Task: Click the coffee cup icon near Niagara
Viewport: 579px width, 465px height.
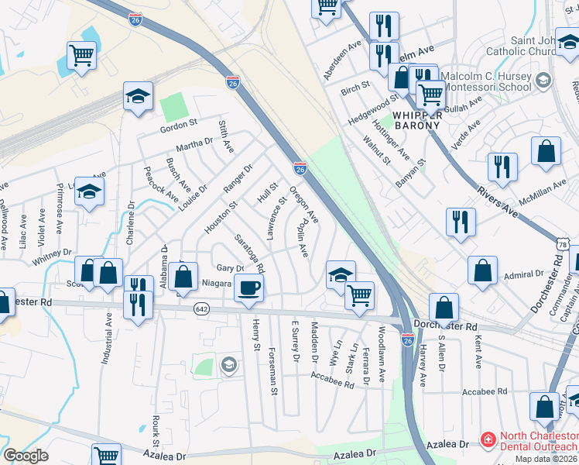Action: (248, 288)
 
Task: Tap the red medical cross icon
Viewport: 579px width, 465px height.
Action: (487, 440)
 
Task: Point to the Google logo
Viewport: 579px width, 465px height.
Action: (26, 456)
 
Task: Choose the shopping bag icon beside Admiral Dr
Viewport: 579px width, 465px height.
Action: (482, 270)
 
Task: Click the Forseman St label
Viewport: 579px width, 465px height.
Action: (273, 371)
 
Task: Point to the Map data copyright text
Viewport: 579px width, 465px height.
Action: (546, 459)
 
